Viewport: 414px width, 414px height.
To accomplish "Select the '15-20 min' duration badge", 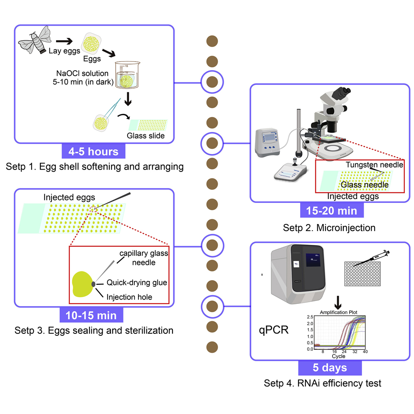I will click(331, 210).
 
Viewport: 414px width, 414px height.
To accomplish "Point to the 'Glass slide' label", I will click(145, 136).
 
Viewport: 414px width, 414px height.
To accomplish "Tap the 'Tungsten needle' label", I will click(374, 165).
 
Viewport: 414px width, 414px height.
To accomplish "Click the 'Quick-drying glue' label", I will click(137, 283).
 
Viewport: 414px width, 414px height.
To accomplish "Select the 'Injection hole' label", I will click(129, 297).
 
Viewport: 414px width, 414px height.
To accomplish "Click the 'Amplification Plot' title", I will click(338, 312).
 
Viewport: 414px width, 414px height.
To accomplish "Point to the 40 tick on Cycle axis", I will click(365, 352).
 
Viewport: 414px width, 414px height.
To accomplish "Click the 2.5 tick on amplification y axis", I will click(309, 317).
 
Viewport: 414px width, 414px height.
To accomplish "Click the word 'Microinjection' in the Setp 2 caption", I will click(352, 228).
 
